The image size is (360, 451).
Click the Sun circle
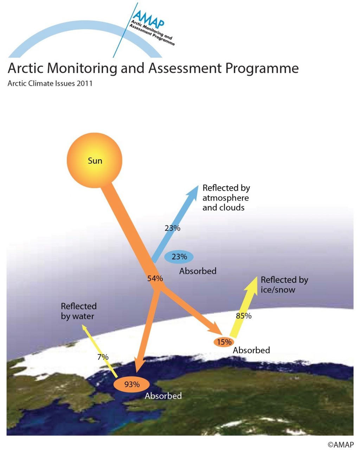pyautogui.click(x=94, y=160)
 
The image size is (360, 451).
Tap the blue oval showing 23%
pyautogui.click(x=179, y=257)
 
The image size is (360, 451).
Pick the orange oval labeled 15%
pyautogui.click(x=224, y=342)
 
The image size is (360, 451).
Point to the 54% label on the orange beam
pyautogui.click(x=155, y=278)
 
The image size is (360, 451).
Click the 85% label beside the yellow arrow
pyautogui.click(x=243, y=316)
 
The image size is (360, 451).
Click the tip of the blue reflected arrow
pyautogui.click(x=198, y=185)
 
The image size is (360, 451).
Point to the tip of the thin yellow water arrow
pyautogui.click(x=82, y=324)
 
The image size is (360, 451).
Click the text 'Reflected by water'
pyautogui.click(x=79, y=311)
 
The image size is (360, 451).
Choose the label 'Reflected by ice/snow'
pyautogui.click(x=284, y=285)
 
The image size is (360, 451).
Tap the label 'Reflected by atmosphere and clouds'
pyautogui.click(x=226, y=198)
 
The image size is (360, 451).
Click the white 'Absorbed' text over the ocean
pyautogui.click(x=163, y=396)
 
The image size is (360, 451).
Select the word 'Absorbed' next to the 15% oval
pyautogui.click(x=251, y=350)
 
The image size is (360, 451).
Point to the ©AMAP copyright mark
pyautogui.click(x=341, y=444)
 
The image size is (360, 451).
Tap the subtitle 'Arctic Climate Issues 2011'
pyautogui.click(x=50, y=83)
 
